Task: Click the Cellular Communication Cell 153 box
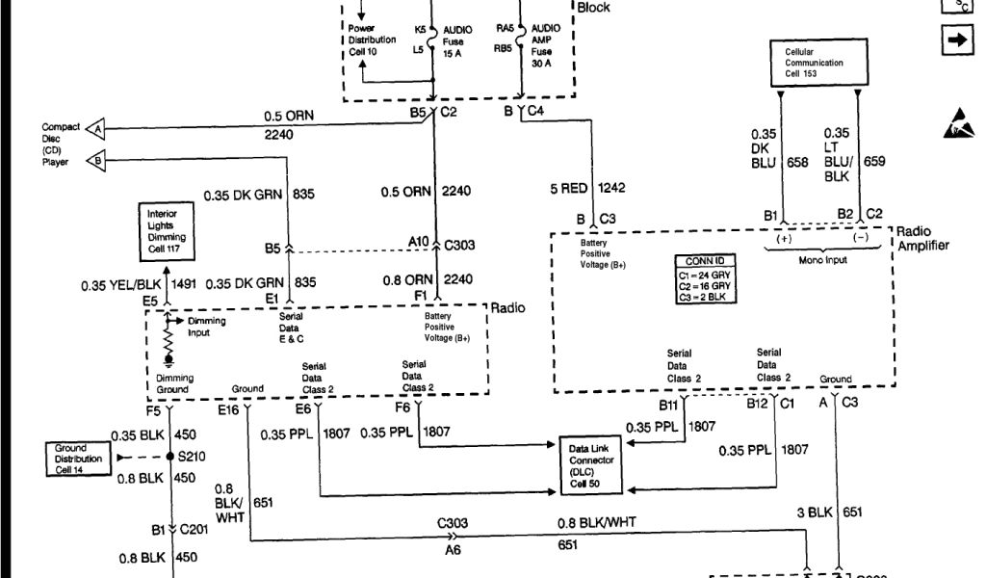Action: click(819, 63)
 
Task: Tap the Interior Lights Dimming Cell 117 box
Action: click(168, 231)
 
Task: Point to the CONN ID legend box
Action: click(708, 280)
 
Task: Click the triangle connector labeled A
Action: click(95, 127)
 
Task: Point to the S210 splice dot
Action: click(170, 456)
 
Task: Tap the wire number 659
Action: click(873, 162)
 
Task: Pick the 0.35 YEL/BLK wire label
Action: click(121, 284)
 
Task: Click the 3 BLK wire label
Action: click(814, 512)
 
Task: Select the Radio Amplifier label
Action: click(922, 239)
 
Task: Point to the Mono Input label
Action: click(824, 261)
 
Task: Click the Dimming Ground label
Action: click(174, 384)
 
